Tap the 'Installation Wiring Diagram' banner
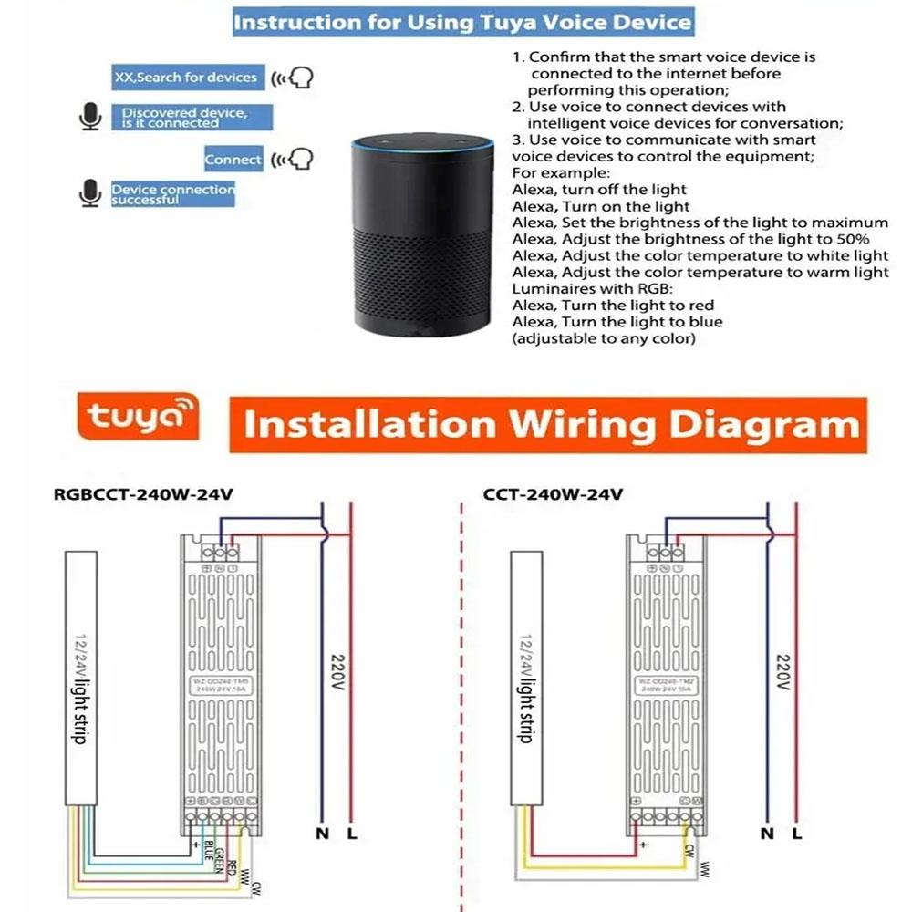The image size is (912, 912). click(551, 425)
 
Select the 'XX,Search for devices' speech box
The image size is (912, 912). click(185, 78)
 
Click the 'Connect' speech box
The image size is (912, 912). click(233, 160)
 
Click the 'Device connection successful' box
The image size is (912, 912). click(172, 194)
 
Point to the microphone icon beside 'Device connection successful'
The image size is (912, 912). click(88, 193)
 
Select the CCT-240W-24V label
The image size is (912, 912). click(553, 495)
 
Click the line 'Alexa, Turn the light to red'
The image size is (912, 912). click(613, 306)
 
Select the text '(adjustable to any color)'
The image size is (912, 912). click(605, 338)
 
